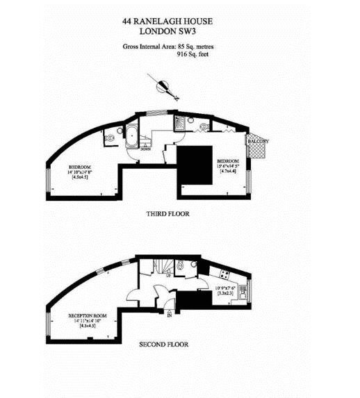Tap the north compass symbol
[165, 88]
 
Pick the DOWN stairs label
[145, 148]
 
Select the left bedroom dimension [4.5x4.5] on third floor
[79, 177]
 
